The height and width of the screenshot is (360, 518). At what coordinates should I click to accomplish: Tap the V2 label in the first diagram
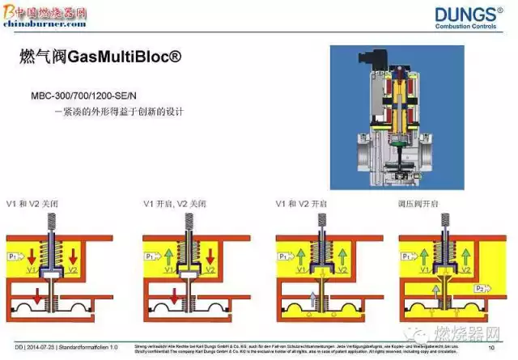pyautogui.click(x=73, y=270)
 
